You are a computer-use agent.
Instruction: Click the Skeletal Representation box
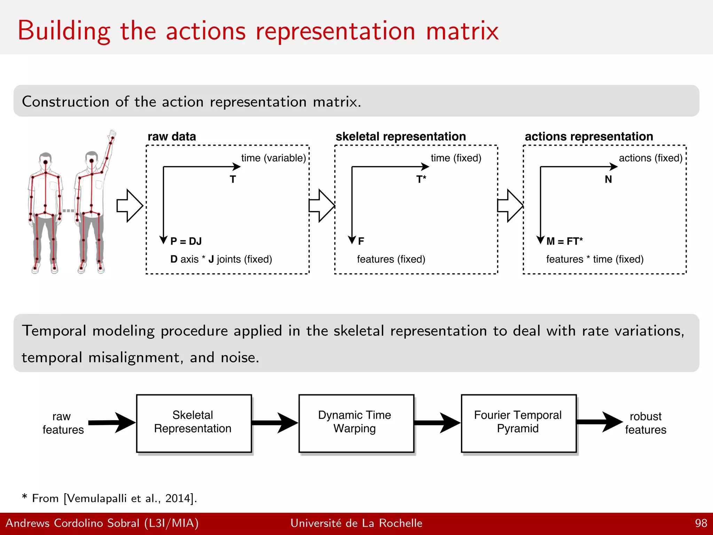194,423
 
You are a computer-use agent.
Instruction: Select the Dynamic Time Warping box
356,423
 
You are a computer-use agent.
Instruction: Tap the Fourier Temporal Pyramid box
518,423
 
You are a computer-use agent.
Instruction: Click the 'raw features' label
63,423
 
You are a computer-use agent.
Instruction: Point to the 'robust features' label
645,423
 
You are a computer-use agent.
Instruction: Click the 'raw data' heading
172,137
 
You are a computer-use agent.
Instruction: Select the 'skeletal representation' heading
400,137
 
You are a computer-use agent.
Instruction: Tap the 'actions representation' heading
589,137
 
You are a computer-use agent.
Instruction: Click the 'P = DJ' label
186,241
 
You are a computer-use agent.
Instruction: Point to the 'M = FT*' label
564,241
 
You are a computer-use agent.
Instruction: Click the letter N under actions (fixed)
608,179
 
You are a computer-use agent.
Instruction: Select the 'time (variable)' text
273,158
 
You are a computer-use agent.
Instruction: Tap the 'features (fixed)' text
391,259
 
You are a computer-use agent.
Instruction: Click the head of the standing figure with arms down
46,160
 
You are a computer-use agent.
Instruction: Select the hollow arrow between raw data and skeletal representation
321,206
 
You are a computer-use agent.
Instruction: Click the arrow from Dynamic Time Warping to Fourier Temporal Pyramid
437,423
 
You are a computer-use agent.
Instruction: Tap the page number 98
701,523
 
